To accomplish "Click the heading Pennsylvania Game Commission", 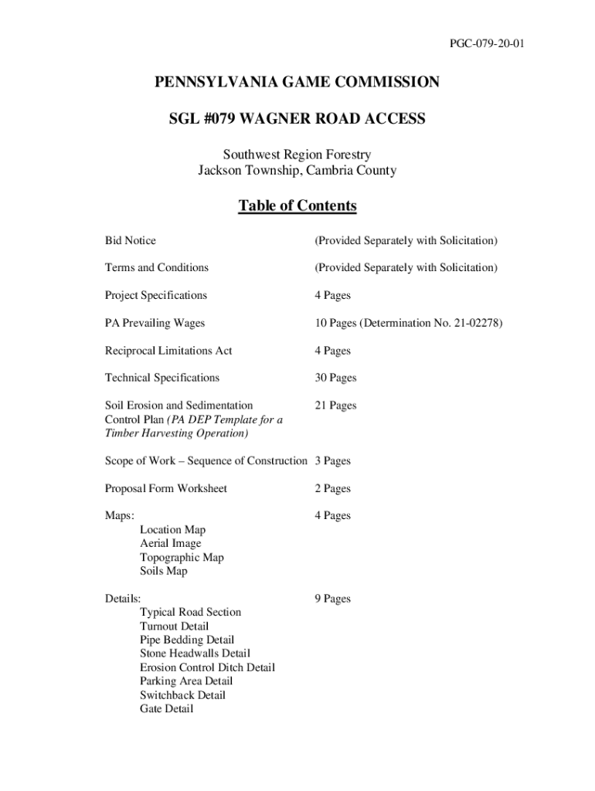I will pyautogui.click(x=297, y=82).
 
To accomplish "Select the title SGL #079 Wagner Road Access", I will pyautogui.click(x=297, y=119).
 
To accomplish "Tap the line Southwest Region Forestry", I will pyautogui.click(x=297, y=155).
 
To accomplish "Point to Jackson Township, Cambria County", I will pyautogui.click(x=297, y=170).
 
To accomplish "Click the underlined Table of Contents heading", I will pyautogui.click(x=297, y=205).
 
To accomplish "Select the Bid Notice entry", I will pyautogui.click(x=131, y=241).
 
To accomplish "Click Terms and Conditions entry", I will pyautogui.click(x=157, y=268).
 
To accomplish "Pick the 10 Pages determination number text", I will pyautogui.click(x=408, y=323).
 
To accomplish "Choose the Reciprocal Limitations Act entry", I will pyautogui.click(x=168, y=351).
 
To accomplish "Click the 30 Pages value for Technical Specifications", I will pyautogui.click(x=335, y=378).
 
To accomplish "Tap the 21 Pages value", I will pyautogui.click(x=335, y=406).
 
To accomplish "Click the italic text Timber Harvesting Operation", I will pyautogui.click(x=177, y=433).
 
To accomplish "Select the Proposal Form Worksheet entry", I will pyautogui.click(x=166, y=489).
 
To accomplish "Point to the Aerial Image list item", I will pyautogui.click(x=170, y=544).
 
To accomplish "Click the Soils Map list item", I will pyautogui.click(x=164, y=572).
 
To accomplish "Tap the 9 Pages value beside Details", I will pyautogui.click(x=332, y=599).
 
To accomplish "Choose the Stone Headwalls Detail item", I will pyautogui.click(x=195, y=654).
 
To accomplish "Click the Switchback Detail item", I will pyautogui.click(x=182, y=695).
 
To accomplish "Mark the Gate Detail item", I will pyautogui.click(x=166, y=709).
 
